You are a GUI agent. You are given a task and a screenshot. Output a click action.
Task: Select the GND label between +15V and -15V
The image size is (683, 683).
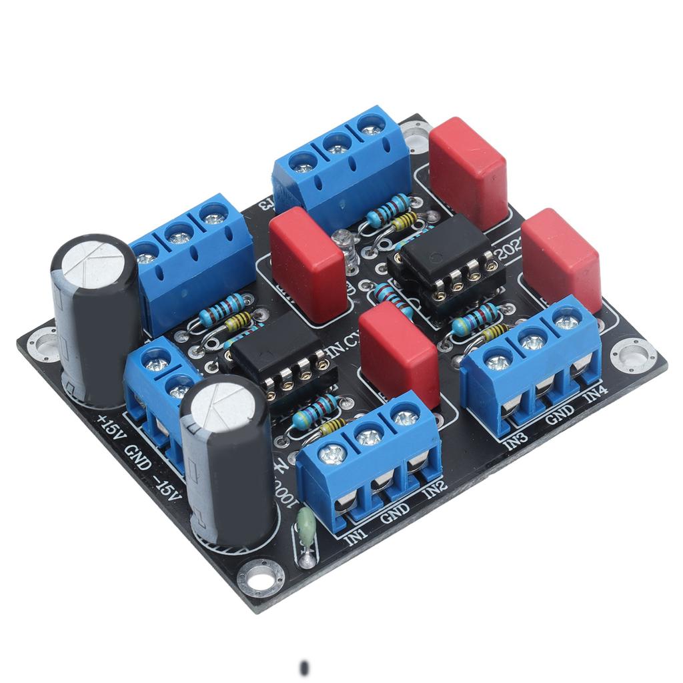tap(137, 458)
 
